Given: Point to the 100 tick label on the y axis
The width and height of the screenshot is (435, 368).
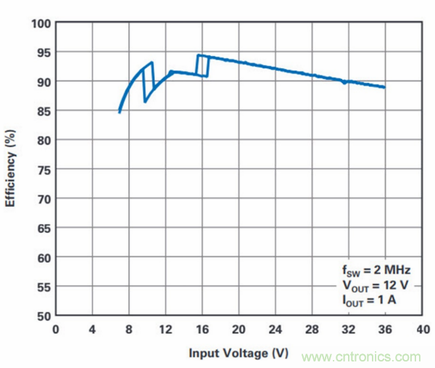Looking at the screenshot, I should pos(41,23).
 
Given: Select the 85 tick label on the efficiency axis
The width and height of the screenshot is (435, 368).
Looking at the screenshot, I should pos(43,110).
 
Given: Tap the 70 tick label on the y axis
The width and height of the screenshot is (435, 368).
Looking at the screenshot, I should pos(43,198).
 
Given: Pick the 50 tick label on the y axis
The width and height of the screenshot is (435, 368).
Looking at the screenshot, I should pos(43,316).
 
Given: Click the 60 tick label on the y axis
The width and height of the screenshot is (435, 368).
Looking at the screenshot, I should pos(43,257).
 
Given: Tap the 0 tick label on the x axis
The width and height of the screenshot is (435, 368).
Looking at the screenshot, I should pos(56,329).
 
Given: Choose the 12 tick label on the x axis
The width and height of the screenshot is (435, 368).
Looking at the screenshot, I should pos(165,329).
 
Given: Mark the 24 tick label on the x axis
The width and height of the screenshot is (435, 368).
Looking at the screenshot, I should pos(275,329).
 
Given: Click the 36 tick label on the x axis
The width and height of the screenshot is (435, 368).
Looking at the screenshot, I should pos(385,329).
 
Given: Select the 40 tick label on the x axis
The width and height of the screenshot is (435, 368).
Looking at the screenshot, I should pos(421,329).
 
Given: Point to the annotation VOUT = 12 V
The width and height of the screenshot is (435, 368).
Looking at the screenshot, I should pos(369,282).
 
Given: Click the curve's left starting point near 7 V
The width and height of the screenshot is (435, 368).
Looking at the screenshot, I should pos(120,112).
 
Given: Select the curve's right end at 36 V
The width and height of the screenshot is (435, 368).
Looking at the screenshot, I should pos(384,87).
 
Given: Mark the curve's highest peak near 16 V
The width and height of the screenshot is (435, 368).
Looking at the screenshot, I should pos(198,55).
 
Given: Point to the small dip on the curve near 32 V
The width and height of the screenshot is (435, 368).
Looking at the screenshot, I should pos(344,82).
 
